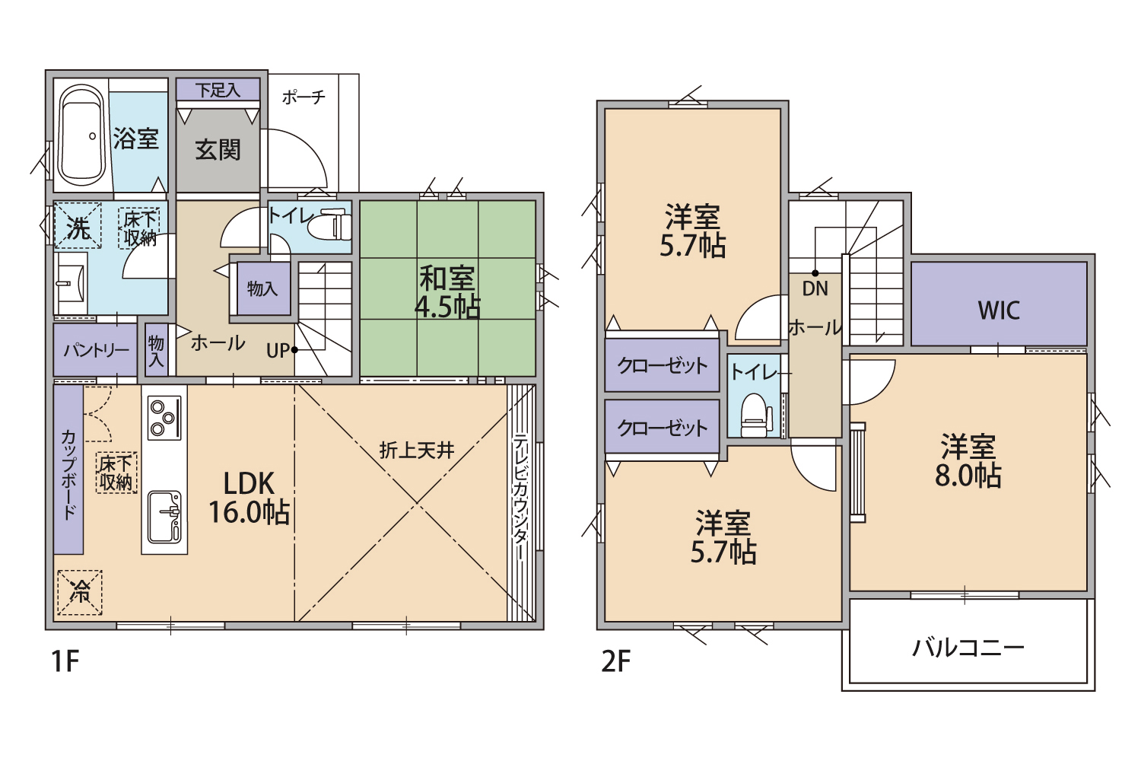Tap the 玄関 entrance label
218,150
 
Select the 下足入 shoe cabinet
218,90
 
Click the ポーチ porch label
304,97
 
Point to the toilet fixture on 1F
330,226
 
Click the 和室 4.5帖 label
447,292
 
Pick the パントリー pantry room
95,350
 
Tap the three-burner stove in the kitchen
164,418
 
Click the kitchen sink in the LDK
164,517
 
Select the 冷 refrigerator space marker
80,592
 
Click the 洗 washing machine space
78,225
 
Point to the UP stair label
278,351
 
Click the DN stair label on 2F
815,289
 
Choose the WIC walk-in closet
998,304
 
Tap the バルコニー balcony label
968,648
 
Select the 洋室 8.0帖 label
968,460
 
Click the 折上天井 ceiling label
417,451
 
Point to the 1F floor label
65,661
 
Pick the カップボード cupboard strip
68,470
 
